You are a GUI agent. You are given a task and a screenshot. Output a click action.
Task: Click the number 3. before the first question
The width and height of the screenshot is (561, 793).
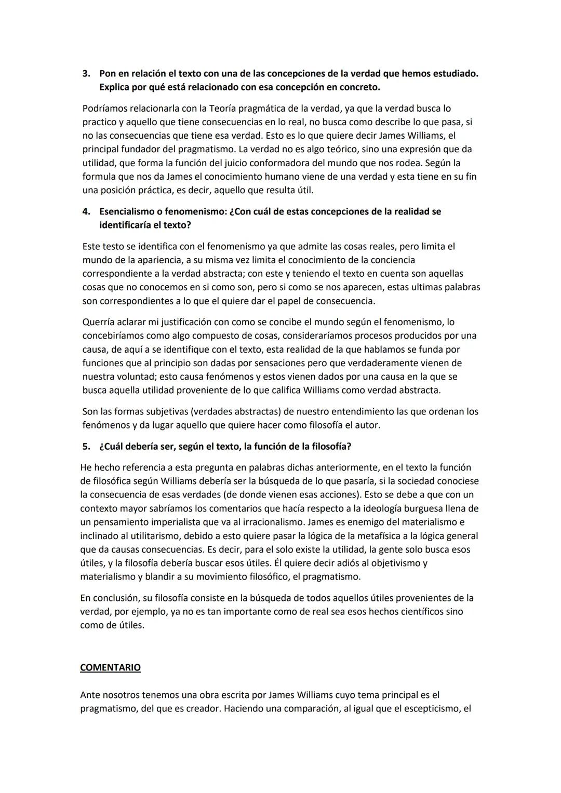pos(86,74)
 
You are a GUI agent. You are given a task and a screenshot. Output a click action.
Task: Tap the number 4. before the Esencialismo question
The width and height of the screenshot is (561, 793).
pos(86,212)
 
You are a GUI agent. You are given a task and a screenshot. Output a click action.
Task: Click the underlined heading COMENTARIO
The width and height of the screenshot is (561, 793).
pos(110,668)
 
